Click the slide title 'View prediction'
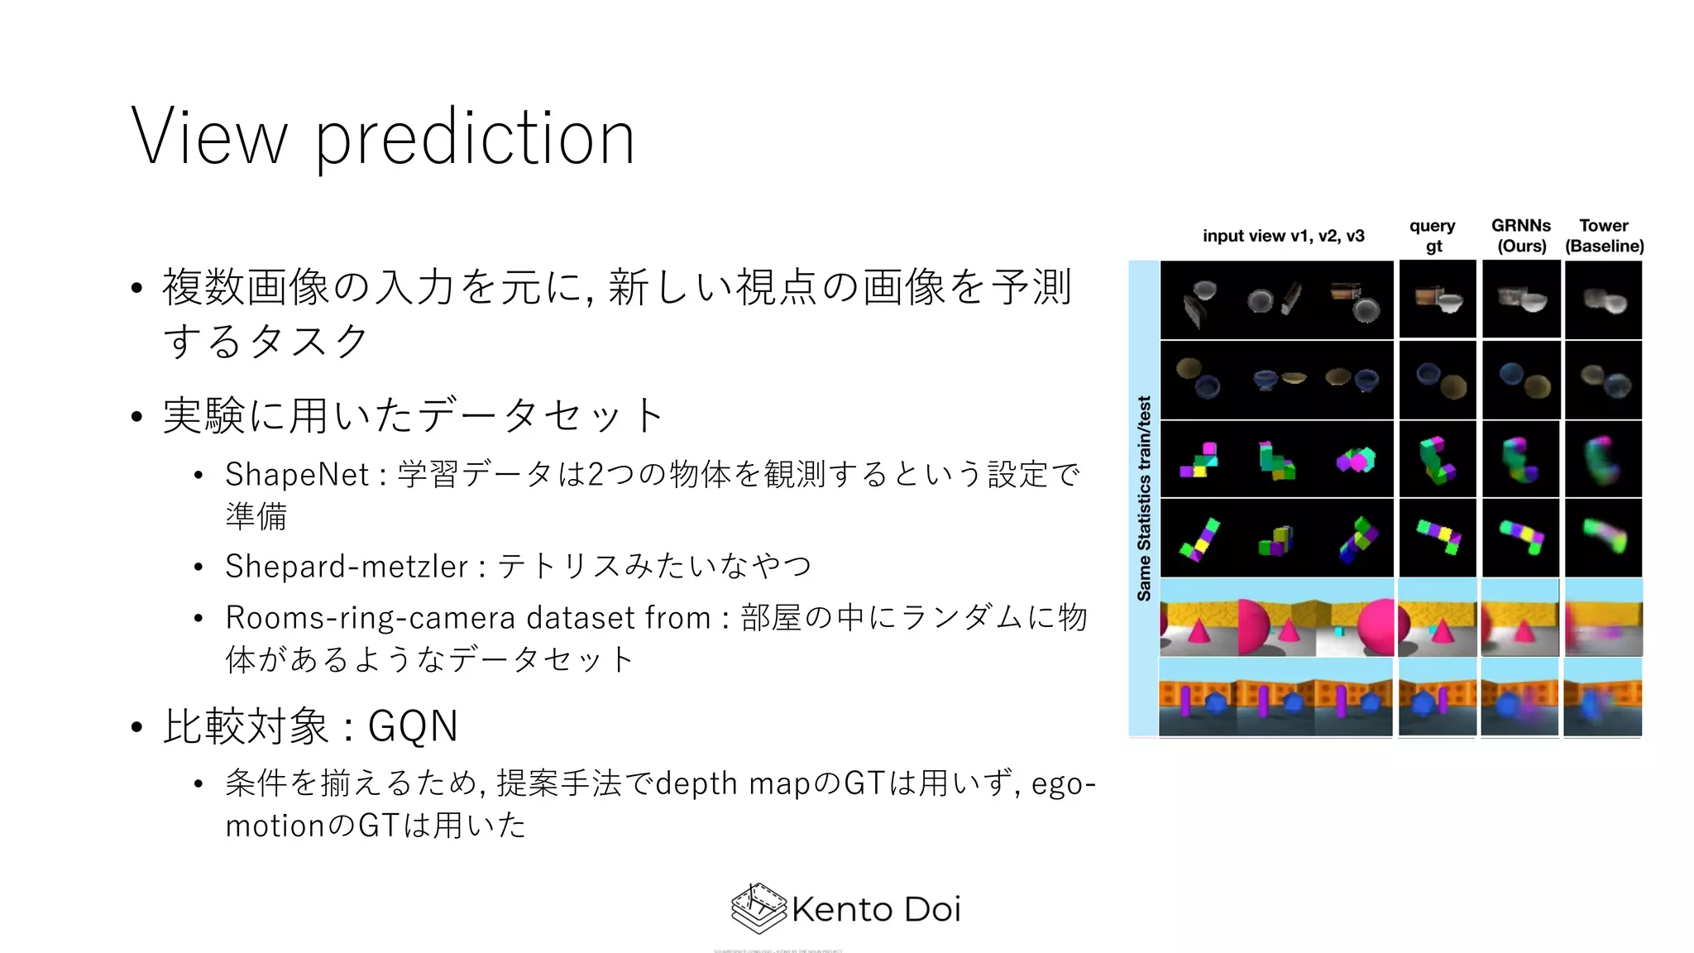pos(383,137)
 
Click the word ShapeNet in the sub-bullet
pos(297,475)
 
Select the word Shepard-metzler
pos(347,567)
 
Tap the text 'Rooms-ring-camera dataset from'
pos(468,618)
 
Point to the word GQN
pos(412,726)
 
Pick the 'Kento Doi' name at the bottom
pos(875,909)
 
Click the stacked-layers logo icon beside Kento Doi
pos(758,908)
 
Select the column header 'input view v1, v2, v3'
pos(1283,236)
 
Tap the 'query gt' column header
pos(1433,236)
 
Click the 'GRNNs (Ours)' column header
pos(1521,236)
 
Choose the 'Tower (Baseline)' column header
pos(1604,236)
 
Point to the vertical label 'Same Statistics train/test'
pos(1144,498)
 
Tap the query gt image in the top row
pos(1438,299)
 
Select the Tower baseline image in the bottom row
pos(1603,697)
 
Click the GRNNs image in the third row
pos(1520,459)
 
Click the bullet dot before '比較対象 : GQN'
pos(137,728)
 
